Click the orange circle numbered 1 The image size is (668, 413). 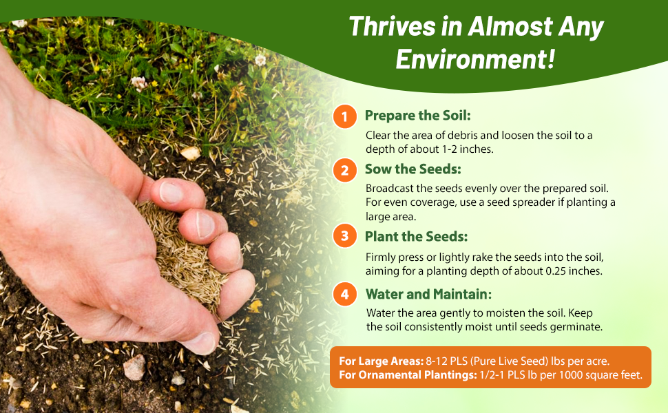click(344, 116)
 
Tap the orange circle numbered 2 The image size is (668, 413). click(344, 170)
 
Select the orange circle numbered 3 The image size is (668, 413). click(344, 236)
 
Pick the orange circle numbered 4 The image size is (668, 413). click(344, 294)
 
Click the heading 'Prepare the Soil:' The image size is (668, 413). click(417, 116)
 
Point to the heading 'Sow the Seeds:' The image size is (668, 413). click(413, 169)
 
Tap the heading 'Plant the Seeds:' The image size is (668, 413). click(416, 236)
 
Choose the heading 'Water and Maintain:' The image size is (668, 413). click(428, 294)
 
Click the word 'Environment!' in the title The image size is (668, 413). click(475, 59)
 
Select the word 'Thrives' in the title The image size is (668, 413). click(392, 26)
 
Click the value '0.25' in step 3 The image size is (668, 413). click(558, 271)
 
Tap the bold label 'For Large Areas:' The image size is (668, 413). click(381, 361)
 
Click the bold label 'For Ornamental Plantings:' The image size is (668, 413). click(408, 375)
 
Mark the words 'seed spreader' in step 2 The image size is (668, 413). click(521, 202)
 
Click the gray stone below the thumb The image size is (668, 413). click(134, 367)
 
